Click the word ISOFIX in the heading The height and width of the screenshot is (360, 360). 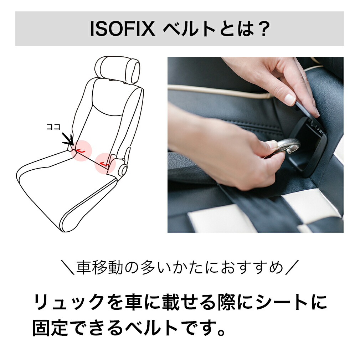(122, 30)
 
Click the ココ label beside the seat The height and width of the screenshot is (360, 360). (53, 127)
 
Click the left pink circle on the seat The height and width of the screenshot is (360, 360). (82, 150)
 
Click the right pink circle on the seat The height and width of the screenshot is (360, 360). (106, 163)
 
